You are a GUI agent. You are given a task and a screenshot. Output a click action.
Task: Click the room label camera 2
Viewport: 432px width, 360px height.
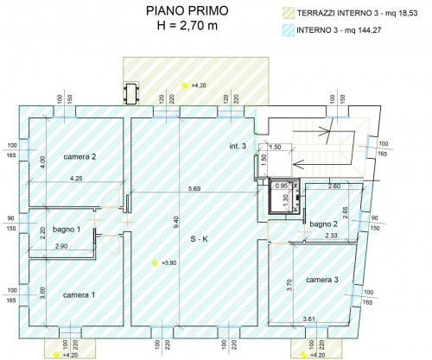[x=79, y=157]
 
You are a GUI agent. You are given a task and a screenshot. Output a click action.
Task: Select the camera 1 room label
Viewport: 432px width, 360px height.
[x=79, y=295]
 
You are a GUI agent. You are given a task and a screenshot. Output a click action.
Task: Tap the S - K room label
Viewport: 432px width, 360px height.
[x=199, y=239]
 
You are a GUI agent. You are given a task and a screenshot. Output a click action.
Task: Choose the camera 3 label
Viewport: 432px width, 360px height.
[x=321, y=280]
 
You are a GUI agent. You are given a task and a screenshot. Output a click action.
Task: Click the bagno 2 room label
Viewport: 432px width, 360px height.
[x=323, y=224]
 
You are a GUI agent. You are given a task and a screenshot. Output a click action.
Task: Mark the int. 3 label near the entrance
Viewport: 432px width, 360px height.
[x=238, y=146]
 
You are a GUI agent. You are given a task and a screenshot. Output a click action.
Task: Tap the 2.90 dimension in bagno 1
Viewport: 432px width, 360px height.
[x=60, y=247]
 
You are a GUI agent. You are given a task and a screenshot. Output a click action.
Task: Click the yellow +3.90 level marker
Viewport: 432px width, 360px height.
[x=155, y=262]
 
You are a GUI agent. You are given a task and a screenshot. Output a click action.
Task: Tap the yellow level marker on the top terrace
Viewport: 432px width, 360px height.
[x=184, y=85]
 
